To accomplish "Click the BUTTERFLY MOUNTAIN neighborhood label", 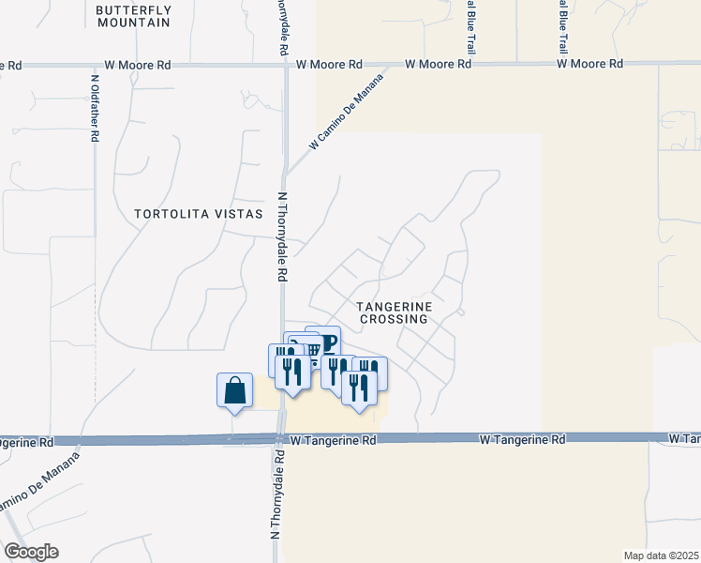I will (134, 15).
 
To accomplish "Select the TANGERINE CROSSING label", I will (393, 312).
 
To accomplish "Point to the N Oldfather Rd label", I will (96, 108).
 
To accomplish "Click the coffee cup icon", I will (324, 339).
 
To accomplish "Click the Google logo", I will (30, 552).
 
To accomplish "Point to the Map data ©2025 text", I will (661, 555).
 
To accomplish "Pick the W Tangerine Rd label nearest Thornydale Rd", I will (333, 439).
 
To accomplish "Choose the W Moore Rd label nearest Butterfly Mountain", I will (138, 66).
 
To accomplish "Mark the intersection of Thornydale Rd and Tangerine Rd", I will (281, 439).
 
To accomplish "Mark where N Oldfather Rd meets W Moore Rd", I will (96, 65).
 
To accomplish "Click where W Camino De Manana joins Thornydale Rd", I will (286, 175).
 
